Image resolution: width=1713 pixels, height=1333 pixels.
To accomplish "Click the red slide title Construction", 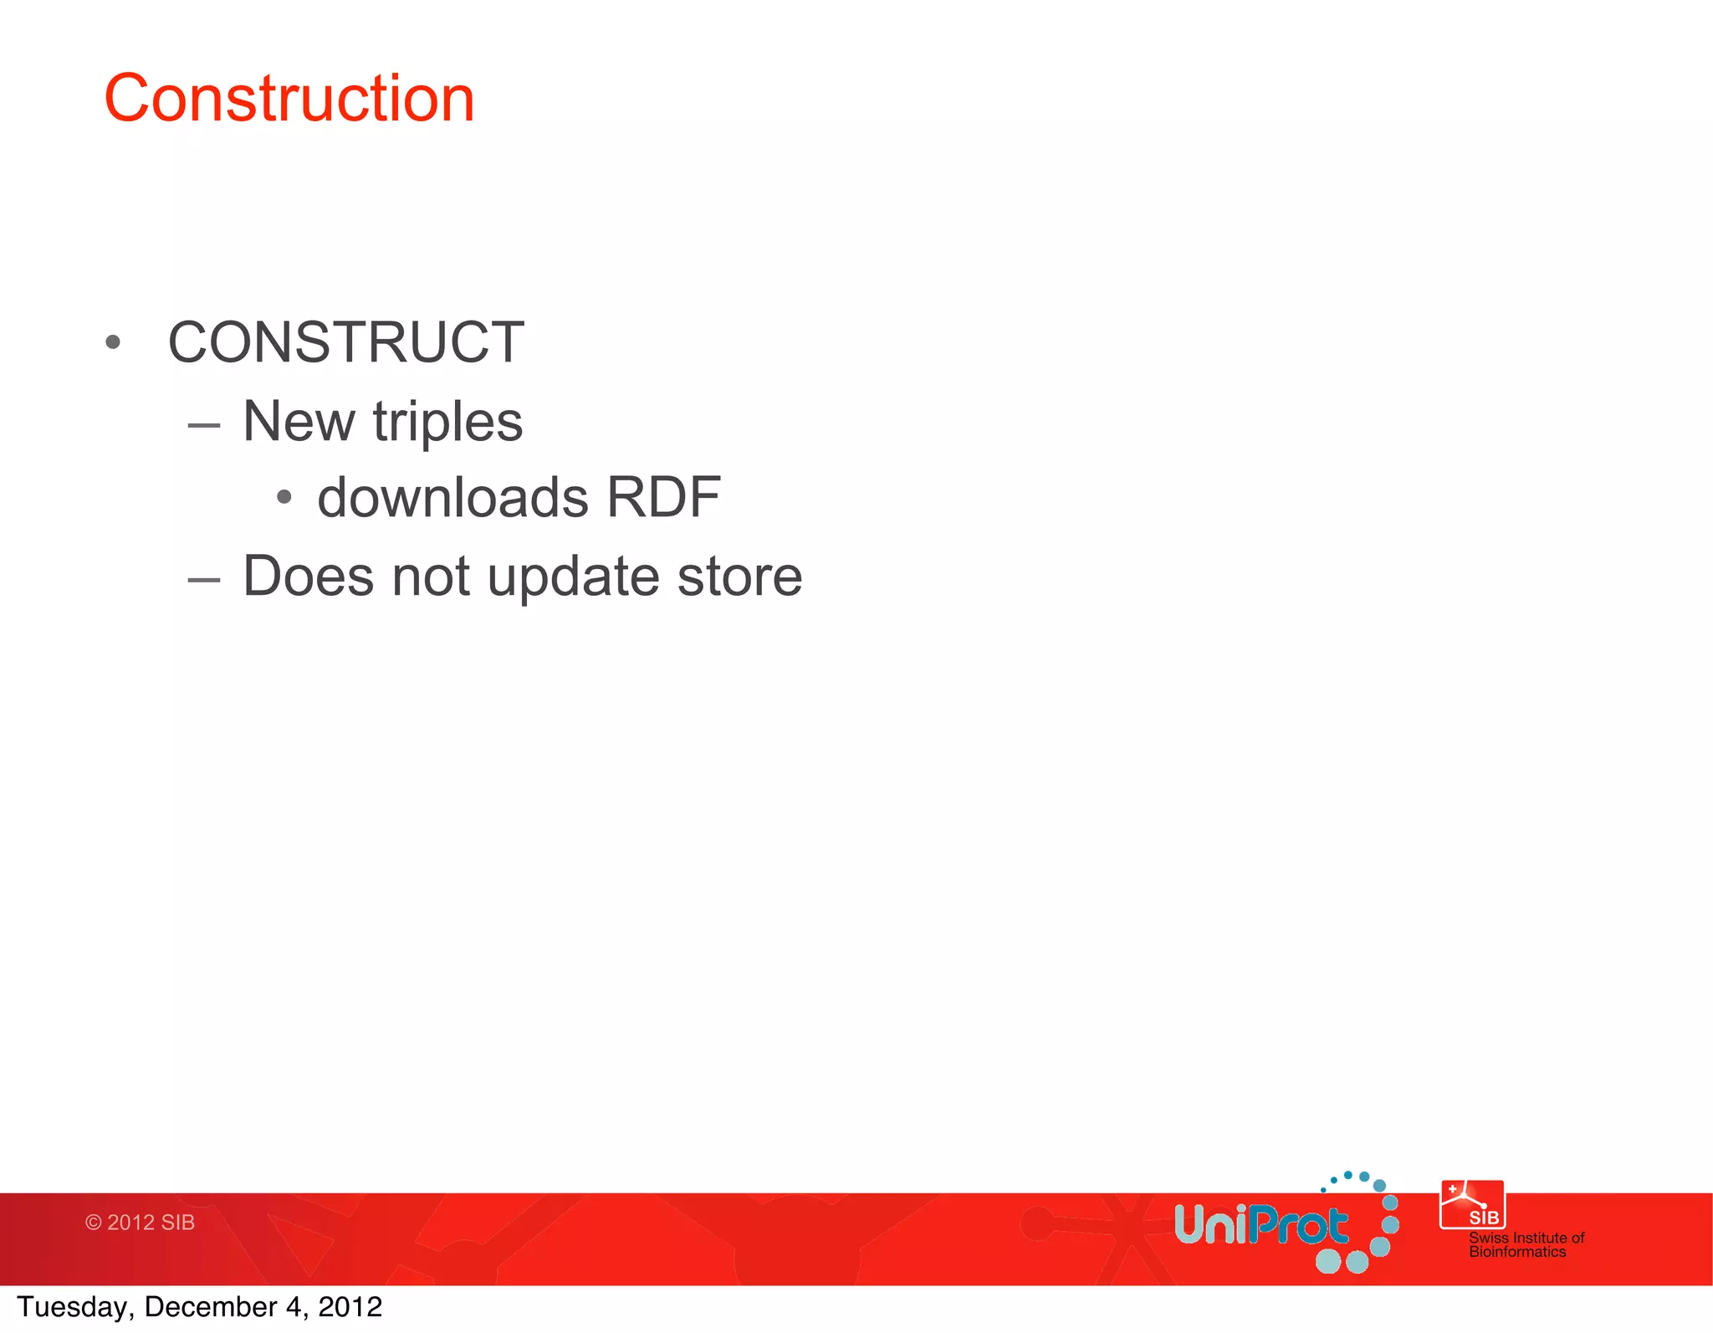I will [x=289, y=99].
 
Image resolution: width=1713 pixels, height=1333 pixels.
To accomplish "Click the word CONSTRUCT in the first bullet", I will [x=345, y=342].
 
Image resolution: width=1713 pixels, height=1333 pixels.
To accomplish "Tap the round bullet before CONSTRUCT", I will [x=114, y=342].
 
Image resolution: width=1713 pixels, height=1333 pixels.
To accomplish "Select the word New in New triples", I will [x=298, y=421].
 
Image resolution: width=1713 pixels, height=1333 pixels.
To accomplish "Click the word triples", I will [x=447, y=423].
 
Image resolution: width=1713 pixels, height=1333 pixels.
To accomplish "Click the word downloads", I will [x=453, y=498].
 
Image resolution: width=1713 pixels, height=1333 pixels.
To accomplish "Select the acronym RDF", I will [x=663, y=498].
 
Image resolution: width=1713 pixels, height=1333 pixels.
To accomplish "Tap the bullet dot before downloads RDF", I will [x=284, y=498].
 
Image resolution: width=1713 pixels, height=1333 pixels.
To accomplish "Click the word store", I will [x=739, y=577].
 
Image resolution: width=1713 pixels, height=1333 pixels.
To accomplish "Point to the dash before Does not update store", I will [x=204, y=580].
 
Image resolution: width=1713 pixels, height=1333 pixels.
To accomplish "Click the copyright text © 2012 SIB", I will [x=140, y=1223].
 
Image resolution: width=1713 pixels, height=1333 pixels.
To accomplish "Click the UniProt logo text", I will [x=1260, y=1226].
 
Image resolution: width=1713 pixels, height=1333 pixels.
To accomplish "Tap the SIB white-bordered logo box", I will [x=1472, y=1205].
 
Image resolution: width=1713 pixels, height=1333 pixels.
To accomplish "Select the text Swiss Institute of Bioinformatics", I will [x=1526, y=1244].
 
